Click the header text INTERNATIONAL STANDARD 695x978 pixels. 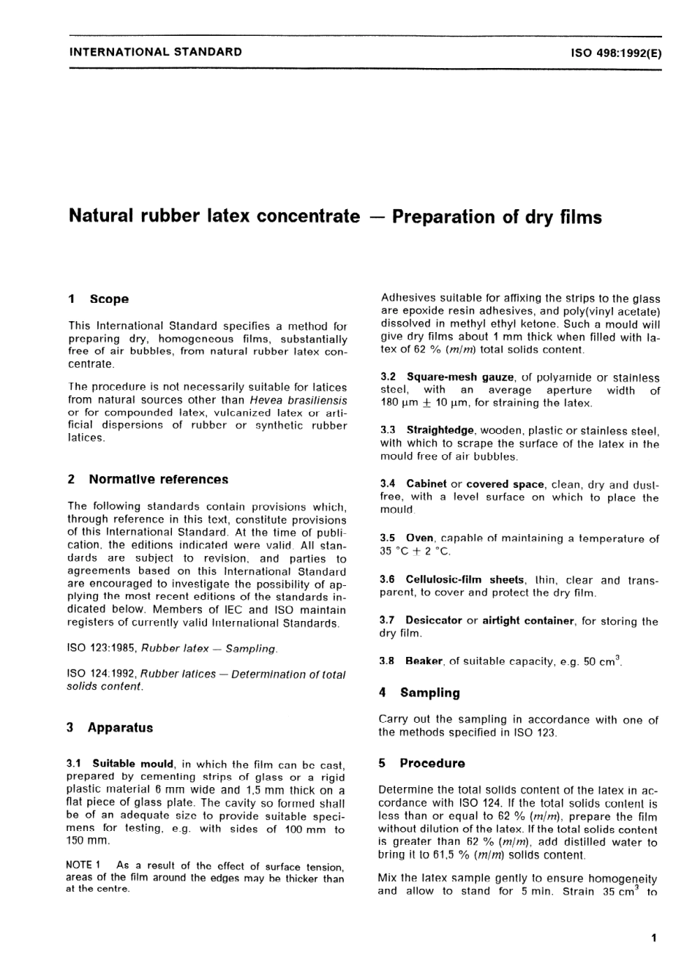click(155, 52)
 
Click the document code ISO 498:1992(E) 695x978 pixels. click(616, 53)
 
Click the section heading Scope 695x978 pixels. click(109, 299)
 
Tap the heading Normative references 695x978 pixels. click(158, 480)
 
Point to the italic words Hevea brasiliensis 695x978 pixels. click(298, 400)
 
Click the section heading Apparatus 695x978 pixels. click(120, 728)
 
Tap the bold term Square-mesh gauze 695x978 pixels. click(460, 377)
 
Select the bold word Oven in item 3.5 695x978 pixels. click(419, 538)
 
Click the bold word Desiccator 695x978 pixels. click(434, 620)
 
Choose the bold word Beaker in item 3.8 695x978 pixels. click(424, 661)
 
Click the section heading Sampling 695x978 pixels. click(430, 693)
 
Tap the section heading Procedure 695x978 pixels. click(432, 763)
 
